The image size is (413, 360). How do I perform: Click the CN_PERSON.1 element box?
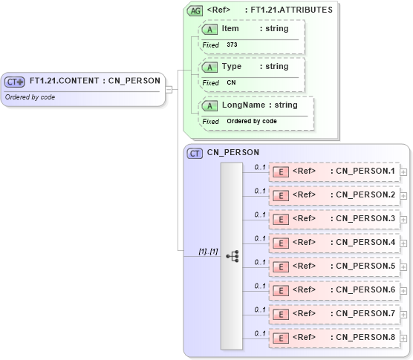point(334,171)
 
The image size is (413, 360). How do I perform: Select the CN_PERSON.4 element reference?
point(334,243)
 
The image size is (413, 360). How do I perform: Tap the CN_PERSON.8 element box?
point(334,338)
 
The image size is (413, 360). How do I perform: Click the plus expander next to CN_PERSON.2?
point(403,196)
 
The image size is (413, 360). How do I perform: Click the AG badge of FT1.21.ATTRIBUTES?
point(195,10)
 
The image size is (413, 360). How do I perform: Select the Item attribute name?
point(230,28)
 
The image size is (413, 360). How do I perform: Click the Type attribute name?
point(232,67)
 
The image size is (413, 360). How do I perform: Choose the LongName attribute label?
point(238,105)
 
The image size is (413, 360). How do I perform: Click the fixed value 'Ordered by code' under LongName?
point(252,121)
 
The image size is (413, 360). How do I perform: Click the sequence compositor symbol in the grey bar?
point(232,255)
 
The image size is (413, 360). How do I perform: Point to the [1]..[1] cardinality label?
point(208,252)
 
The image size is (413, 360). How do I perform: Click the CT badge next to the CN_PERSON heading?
point(195,154)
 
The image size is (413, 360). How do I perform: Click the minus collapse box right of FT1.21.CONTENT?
point(169,89)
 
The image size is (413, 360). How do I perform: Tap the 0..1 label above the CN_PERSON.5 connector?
point(260,262)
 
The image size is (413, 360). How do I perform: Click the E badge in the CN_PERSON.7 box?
point(281,314)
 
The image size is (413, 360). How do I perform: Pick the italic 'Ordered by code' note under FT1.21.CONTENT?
point(30,97)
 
